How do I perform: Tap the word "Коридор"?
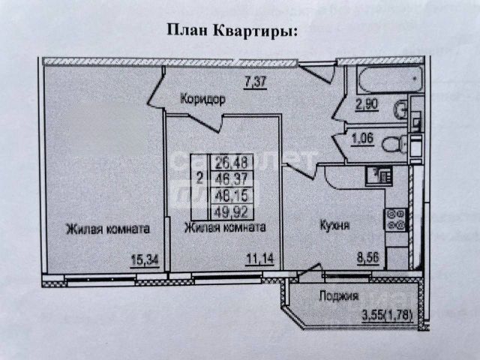point(202,97)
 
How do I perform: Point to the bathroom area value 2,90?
point(367,106)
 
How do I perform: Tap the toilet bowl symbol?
point(392,144)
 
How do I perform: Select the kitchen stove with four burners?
point(395,220)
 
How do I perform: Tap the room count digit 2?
point(198,178)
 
